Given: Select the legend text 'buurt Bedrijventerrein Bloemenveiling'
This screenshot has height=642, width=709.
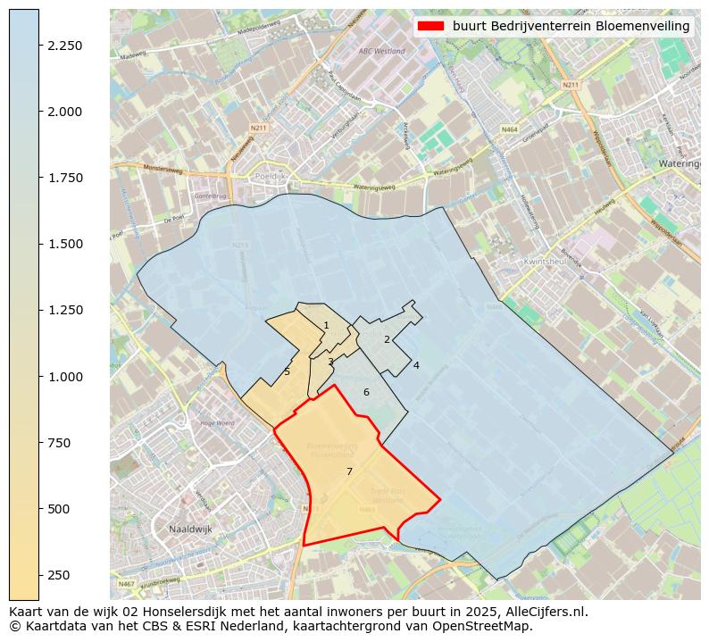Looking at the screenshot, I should [x=571, y=27].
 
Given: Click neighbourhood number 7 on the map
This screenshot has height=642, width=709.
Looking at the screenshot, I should [x=349, y=471].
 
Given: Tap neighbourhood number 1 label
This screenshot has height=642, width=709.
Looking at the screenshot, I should [x=326, y=325].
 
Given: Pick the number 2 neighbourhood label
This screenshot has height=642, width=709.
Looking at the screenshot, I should [x=387, y=339].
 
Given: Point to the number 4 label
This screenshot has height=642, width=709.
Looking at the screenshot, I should [x=416, y=365].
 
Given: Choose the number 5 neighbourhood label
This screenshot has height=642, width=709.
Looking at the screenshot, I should [x=287, y=372].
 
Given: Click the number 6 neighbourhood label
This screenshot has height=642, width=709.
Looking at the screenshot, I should [x=366, y=392].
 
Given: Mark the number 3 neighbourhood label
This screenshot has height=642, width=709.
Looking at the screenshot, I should [x=330, y=362].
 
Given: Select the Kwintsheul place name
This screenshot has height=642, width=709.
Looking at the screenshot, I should [x=547, y=262].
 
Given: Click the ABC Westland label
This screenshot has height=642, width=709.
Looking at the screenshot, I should [x=381, y=51].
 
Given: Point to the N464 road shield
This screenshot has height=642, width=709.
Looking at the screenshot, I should [x=510, y=129].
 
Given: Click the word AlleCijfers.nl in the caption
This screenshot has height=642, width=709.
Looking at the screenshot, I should [x=545, y=613].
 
